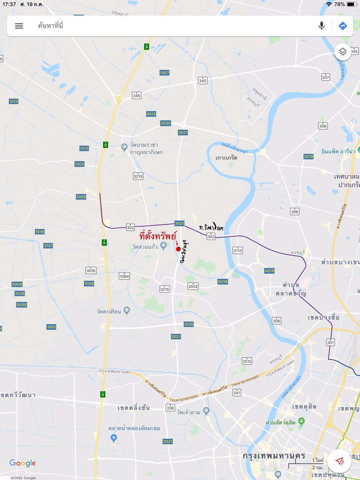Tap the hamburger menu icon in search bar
[x=19, y=26]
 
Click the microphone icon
[x=321, y=26]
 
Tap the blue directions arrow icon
[x=342, y=26]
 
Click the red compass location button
[x=339, y=461]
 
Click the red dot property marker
[x=178, y=249]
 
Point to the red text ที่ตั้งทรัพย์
[x=157, y=237]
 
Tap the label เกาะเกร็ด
[x=226, y=158]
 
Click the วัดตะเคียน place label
[x=109, y=311]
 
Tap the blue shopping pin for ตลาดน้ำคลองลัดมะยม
[x=114, y=438]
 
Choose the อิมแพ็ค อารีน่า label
[x=338, y=151]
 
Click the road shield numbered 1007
[x=164, y=73]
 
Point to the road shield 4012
[x=151, y=114]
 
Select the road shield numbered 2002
[x=193, y=286]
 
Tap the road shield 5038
[x=222, y=282]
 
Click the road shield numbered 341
[x=237, y=393]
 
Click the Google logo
[x=22, y=463]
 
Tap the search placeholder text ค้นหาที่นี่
[x=51, y=26]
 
